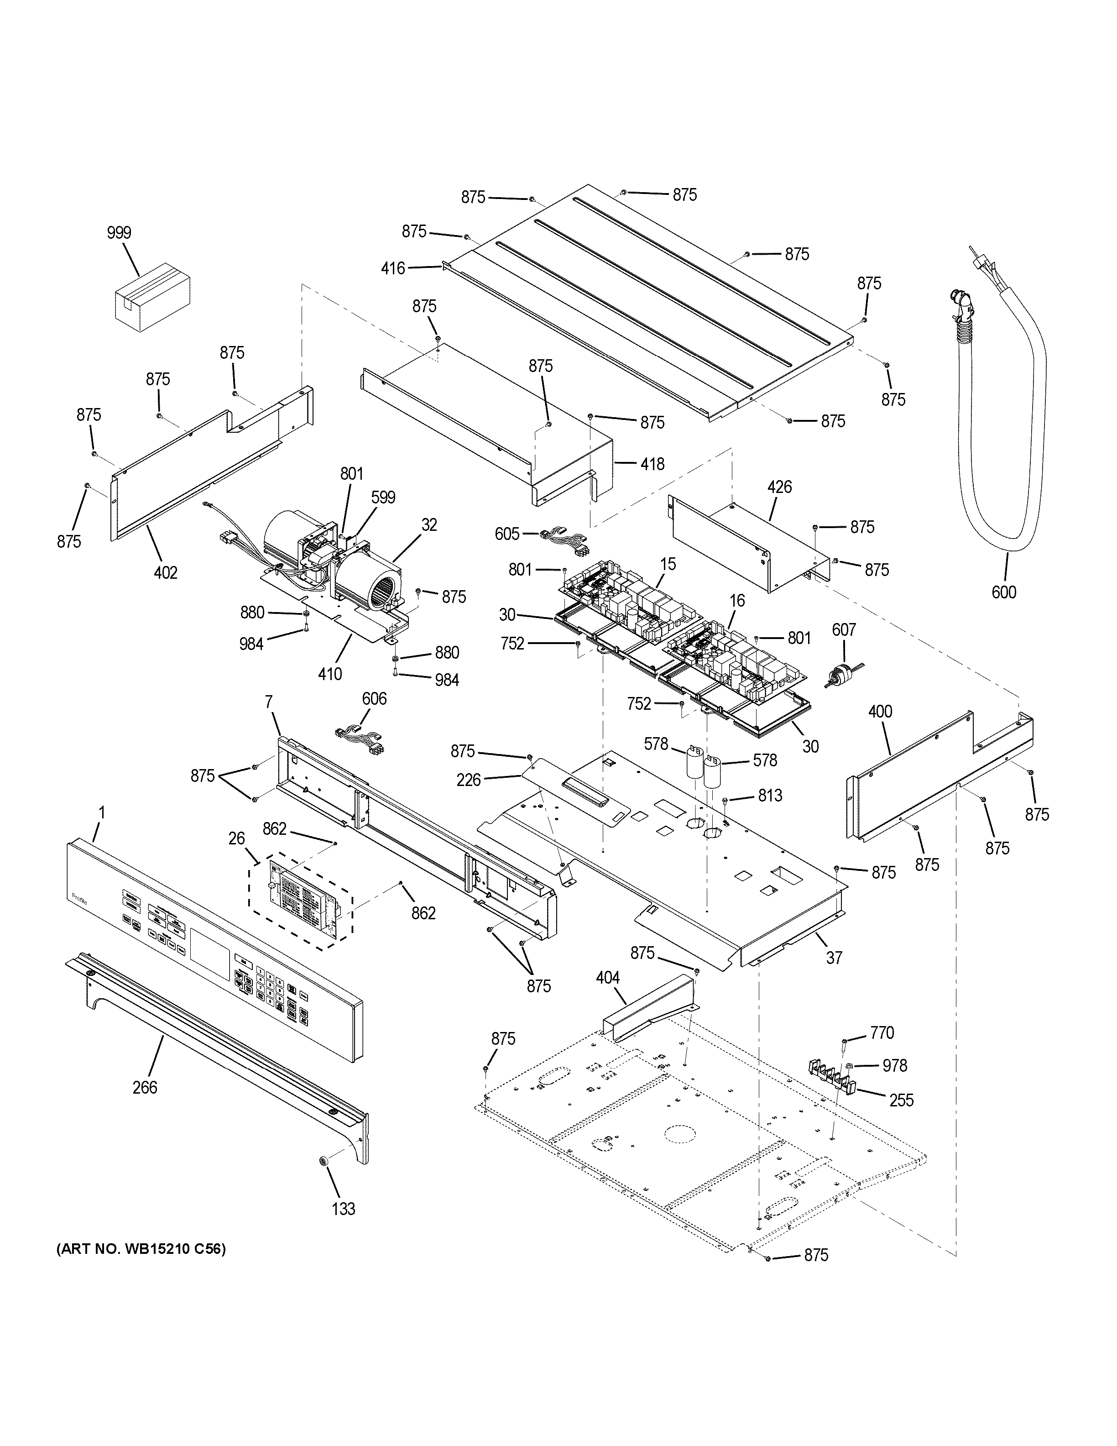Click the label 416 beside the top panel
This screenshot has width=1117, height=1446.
pyautogui.click(x=393, y=268)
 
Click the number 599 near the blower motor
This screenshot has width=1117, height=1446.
pyautogui.click(x=383, y=497)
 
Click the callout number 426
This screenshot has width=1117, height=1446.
pyautogui.click(x=779, y=487)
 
